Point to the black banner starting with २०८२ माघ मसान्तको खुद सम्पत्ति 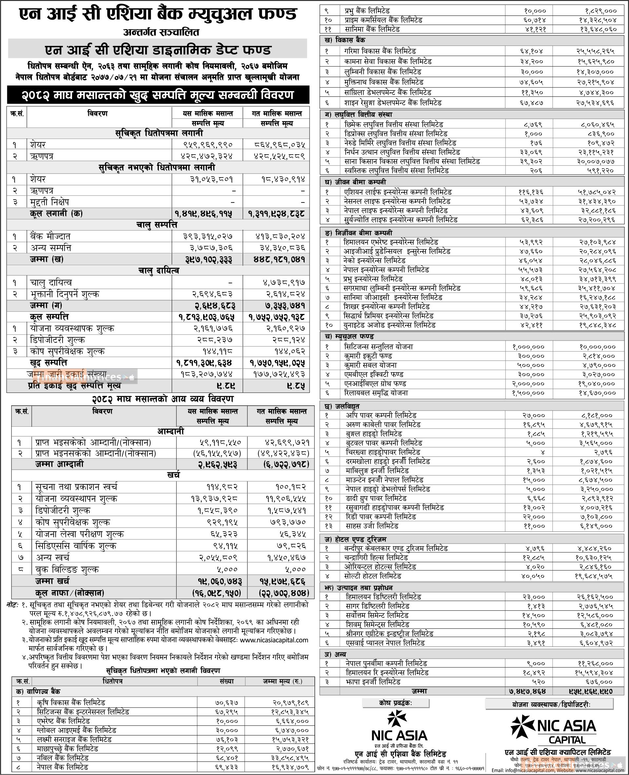click(158, 95)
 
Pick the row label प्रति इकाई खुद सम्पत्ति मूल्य click(74, 385)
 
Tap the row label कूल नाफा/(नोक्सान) click(69, 593)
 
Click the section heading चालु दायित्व click(158, 271)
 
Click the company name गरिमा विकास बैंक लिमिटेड click(380, 51)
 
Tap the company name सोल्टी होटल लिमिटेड click(372, 576)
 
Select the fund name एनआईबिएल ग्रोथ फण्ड click(375, 383)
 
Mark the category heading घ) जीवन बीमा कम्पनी click(355, 182)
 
